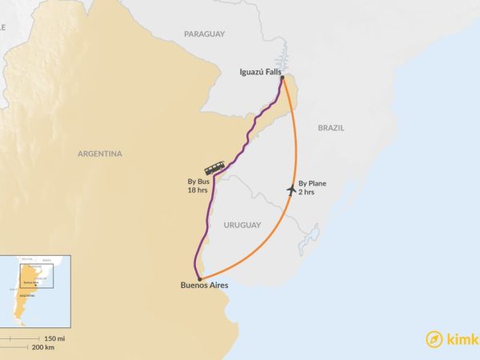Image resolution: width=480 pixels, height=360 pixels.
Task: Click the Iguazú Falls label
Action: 259,72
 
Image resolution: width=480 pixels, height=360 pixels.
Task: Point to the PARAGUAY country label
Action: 204,34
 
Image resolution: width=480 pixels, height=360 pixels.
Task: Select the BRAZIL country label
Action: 330,128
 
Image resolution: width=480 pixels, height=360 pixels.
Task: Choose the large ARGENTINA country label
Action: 100,154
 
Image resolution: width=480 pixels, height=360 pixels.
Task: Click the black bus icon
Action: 214,168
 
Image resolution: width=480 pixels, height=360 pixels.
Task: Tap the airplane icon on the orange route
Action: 290,190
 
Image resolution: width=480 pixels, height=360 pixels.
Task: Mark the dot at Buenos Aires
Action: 199,280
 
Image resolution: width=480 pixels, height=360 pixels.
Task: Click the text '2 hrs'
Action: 307,193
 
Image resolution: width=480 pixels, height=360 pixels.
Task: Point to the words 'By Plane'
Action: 312,183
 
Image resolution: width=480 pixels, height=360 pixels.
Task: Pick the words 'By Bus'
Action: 198,182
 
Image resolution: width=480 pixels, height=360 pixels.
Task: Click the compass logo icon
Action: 434,338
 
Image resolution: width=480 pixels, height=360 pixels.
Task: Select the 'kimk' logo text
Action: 464,339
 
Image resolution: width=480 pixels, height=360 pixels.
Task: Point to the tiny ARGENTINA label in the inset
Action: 27,295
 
